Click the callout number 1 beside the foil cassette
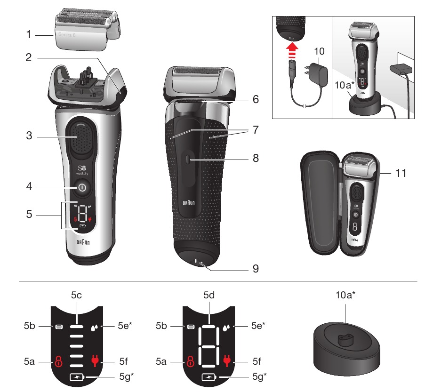tap(29, 34)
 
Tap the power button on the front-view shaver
tap(82, 187)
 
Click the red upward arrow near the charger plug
tap(292, 51)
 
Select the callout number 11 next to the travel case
tap(401, 173)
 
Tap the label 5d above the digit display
tap(209, 296)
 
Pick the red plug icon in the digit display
tap(228, 361)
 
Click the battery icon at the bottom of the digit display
tap(209, 377)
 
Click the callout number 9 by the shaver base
tap(255, 269)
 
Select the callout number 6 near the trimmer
tap(255, 100)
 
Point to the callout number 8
tap(255, 158)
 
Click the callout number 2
tap(29, 58)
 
